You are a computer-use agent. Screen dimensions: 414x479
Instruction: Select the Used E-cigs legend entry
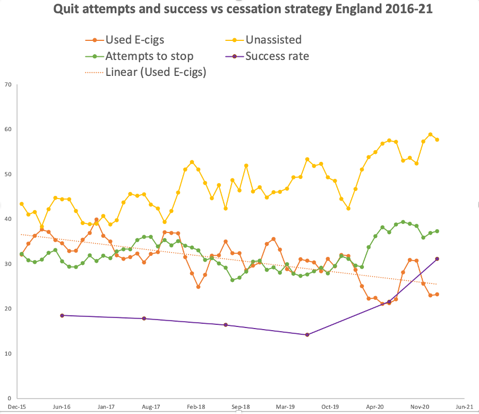pyautogui.click(x=127, y=39)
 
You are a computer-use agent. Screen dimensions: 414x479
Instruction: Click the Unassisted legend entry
pyautogui.click(x=273, y=39)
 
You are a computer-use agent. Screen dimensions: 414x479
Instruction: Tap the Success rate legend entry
pyautogui.click(x=276, y=56)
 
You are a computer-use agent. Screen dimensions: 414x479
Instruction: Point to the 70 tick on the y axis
pyautogui.click(x=7, y=84)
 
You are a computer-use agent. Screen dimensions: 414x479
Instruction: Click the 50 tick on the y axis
pyautogui.click(x=7, y=174)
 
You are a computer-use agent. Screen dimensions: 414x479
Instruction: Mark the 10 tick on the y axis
pyautogui.click(x=7, y=353)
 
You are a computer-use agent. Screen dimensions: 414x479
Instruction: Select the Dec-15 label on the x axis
pyautogui.click(x=18, y=407)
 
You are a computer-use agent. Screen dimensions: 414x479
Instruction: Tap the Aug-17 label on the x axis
pyautogui.click(x=152, y=407)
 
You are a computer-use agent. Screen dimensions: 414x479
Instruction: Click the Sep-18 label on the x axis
pyautogui.click(x=241, y=407)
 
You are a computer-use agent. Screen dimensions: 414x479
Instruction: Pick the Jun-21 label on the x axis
pyautogui.click(x=464, y=407)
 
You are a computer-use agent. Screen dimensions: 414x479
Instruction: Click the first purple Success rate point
pyautogui.click(x=62, y=315)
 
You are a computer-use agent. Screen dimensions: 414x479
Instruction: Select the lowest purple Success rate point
pyautogui.click(x=307, y=334)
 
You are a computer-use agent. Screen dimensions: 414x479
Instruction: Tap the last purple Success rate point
pyautogui.click(x=437, y=259)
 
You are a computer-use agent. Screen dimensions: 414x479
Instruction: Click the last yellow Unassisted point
pyautogui.click(x=437, y=140)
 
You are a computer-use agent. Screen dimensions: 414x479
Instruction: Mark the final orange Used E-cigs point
pyautogui.click(x=437, y=294)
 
